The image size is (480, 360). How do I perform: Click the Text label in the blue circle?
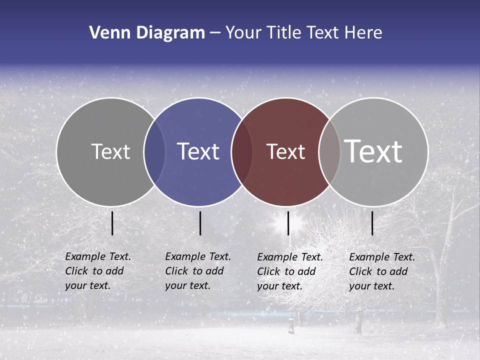[x=198, y=151]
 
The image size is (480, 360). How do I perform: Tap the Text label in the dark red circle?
[x=285, y=152]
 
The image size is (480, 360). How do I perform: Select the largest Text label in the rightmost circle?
[x=373, y=151]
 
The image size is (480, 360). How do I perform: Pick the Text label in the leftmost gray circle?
[x=110, y=151]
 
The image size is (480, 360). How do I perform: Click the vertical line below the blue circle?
[x=200, y=223]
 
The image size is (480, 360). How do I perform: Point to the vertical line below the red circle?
[x=288, y=223]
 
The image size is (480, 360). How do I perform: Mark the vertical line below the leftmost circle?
[x=112, y=223]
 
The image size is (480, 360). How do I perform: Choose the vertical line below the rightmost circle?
[x=372, y=223]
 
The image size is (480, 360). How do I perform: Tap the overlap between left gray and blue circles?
[x=154, y=151]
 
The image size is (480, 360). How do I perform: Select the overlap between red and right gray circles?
[x=329, y=152]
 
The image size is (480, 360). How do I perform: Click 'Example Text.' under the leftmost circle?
[x=98, y=256]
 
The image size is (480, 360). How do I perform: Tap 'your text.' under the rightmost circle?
[x=372, y=286]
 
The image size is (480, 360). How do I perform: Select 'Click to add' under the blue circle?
[x=194, y=271]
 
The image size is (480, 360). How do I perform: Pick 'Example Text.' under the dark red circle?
[x=290, y=257]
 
